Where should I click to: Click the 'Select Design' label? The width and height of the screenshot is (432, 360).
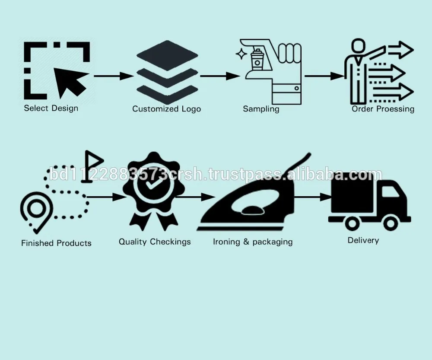click(51, 108)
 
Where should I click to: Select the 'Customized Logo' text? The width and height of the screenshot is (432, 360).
click(166, 109)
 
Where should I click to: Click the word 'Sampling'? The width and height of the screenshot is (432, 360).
click(261, 109)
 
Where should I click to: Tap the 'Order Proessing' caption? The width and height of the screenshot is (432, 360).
click(383, 109)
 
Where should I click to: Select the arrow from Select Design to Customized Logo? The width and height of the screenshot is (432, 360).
click(113, 76)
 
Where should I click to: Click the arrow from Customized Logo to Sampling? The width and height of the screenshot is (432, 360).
click(219, 76)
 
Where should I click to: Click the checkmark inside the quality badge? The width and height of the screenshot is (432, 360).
click(148, 186)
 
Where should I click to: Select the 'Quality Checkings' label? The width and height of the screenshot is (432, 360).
click(155, 242)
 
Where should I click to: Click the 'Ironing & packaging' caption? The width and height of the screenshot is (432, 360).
click(253, 242)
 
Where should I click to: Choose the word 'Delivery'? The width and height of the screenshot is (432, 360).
click(363, 240)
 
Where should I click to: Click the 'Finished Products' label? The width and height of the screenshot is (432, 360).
click(56, 243)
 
